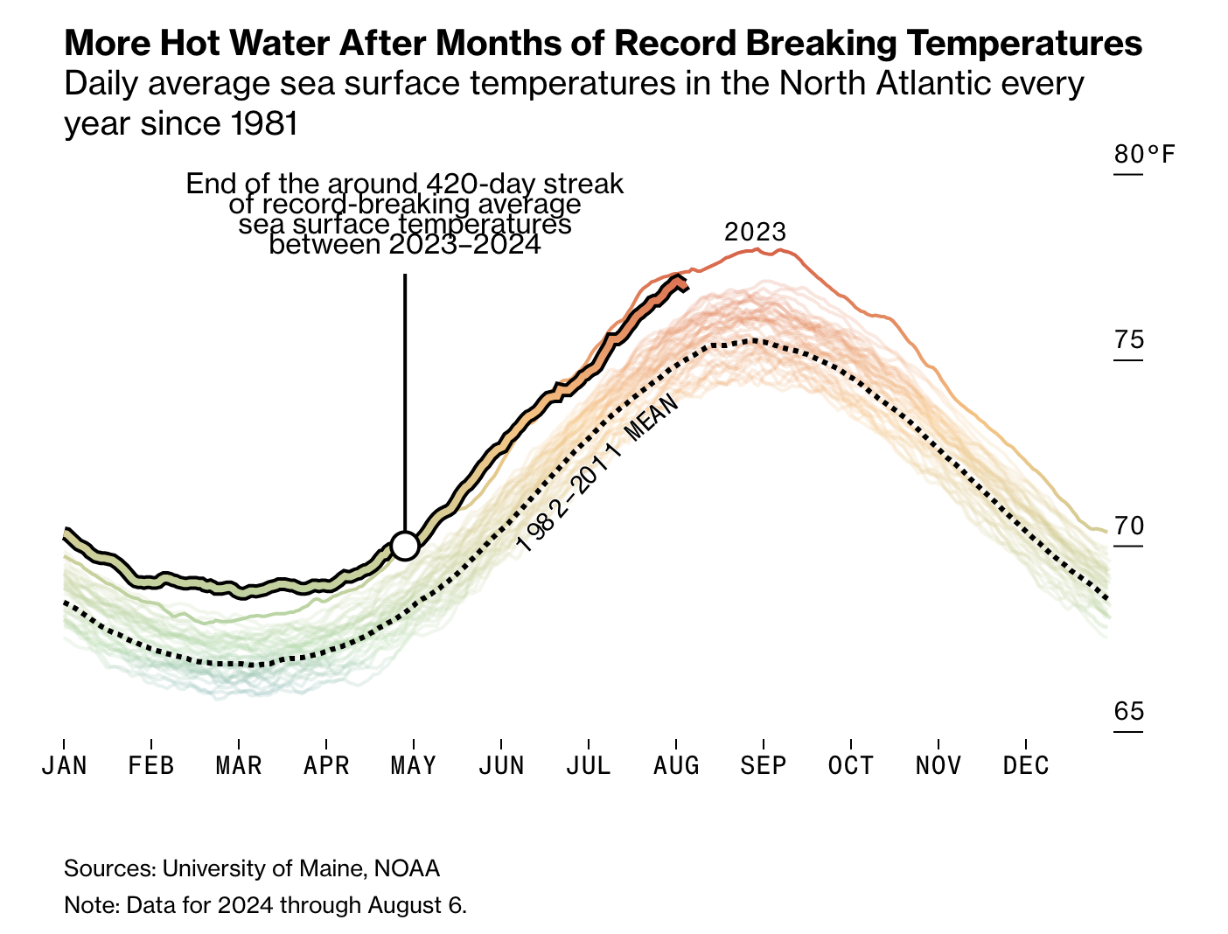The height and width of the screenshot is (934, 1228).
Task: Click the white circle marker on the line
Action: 405,546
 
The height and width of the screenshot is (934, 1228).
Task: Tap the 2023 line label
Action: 756,233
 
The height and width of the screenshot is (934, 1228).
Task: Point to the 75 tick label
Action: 1129,340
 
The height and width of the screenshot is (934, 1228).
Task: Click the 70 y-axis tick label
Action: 1129,526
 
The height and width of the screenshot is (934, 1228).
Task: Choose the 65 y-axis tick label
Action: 1129,712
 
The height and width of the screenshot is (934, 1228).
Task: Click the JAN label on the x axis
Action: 65,766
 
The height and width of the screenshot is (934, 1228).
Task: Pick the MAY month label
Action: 414,766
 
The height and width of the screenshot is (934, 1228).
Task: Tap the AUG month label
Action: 676,766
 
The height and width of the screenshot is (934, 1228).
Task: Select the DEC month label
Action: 1026,766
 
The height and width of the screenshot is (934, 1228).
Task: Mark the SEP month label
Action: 764,766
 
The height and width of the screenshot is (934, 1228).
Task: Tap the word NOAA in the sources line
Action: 407,868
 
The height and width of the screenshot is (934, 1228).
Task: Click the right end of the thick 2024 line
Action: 687,287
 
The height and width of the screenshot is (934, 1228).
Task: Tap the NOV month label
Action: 938,766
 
